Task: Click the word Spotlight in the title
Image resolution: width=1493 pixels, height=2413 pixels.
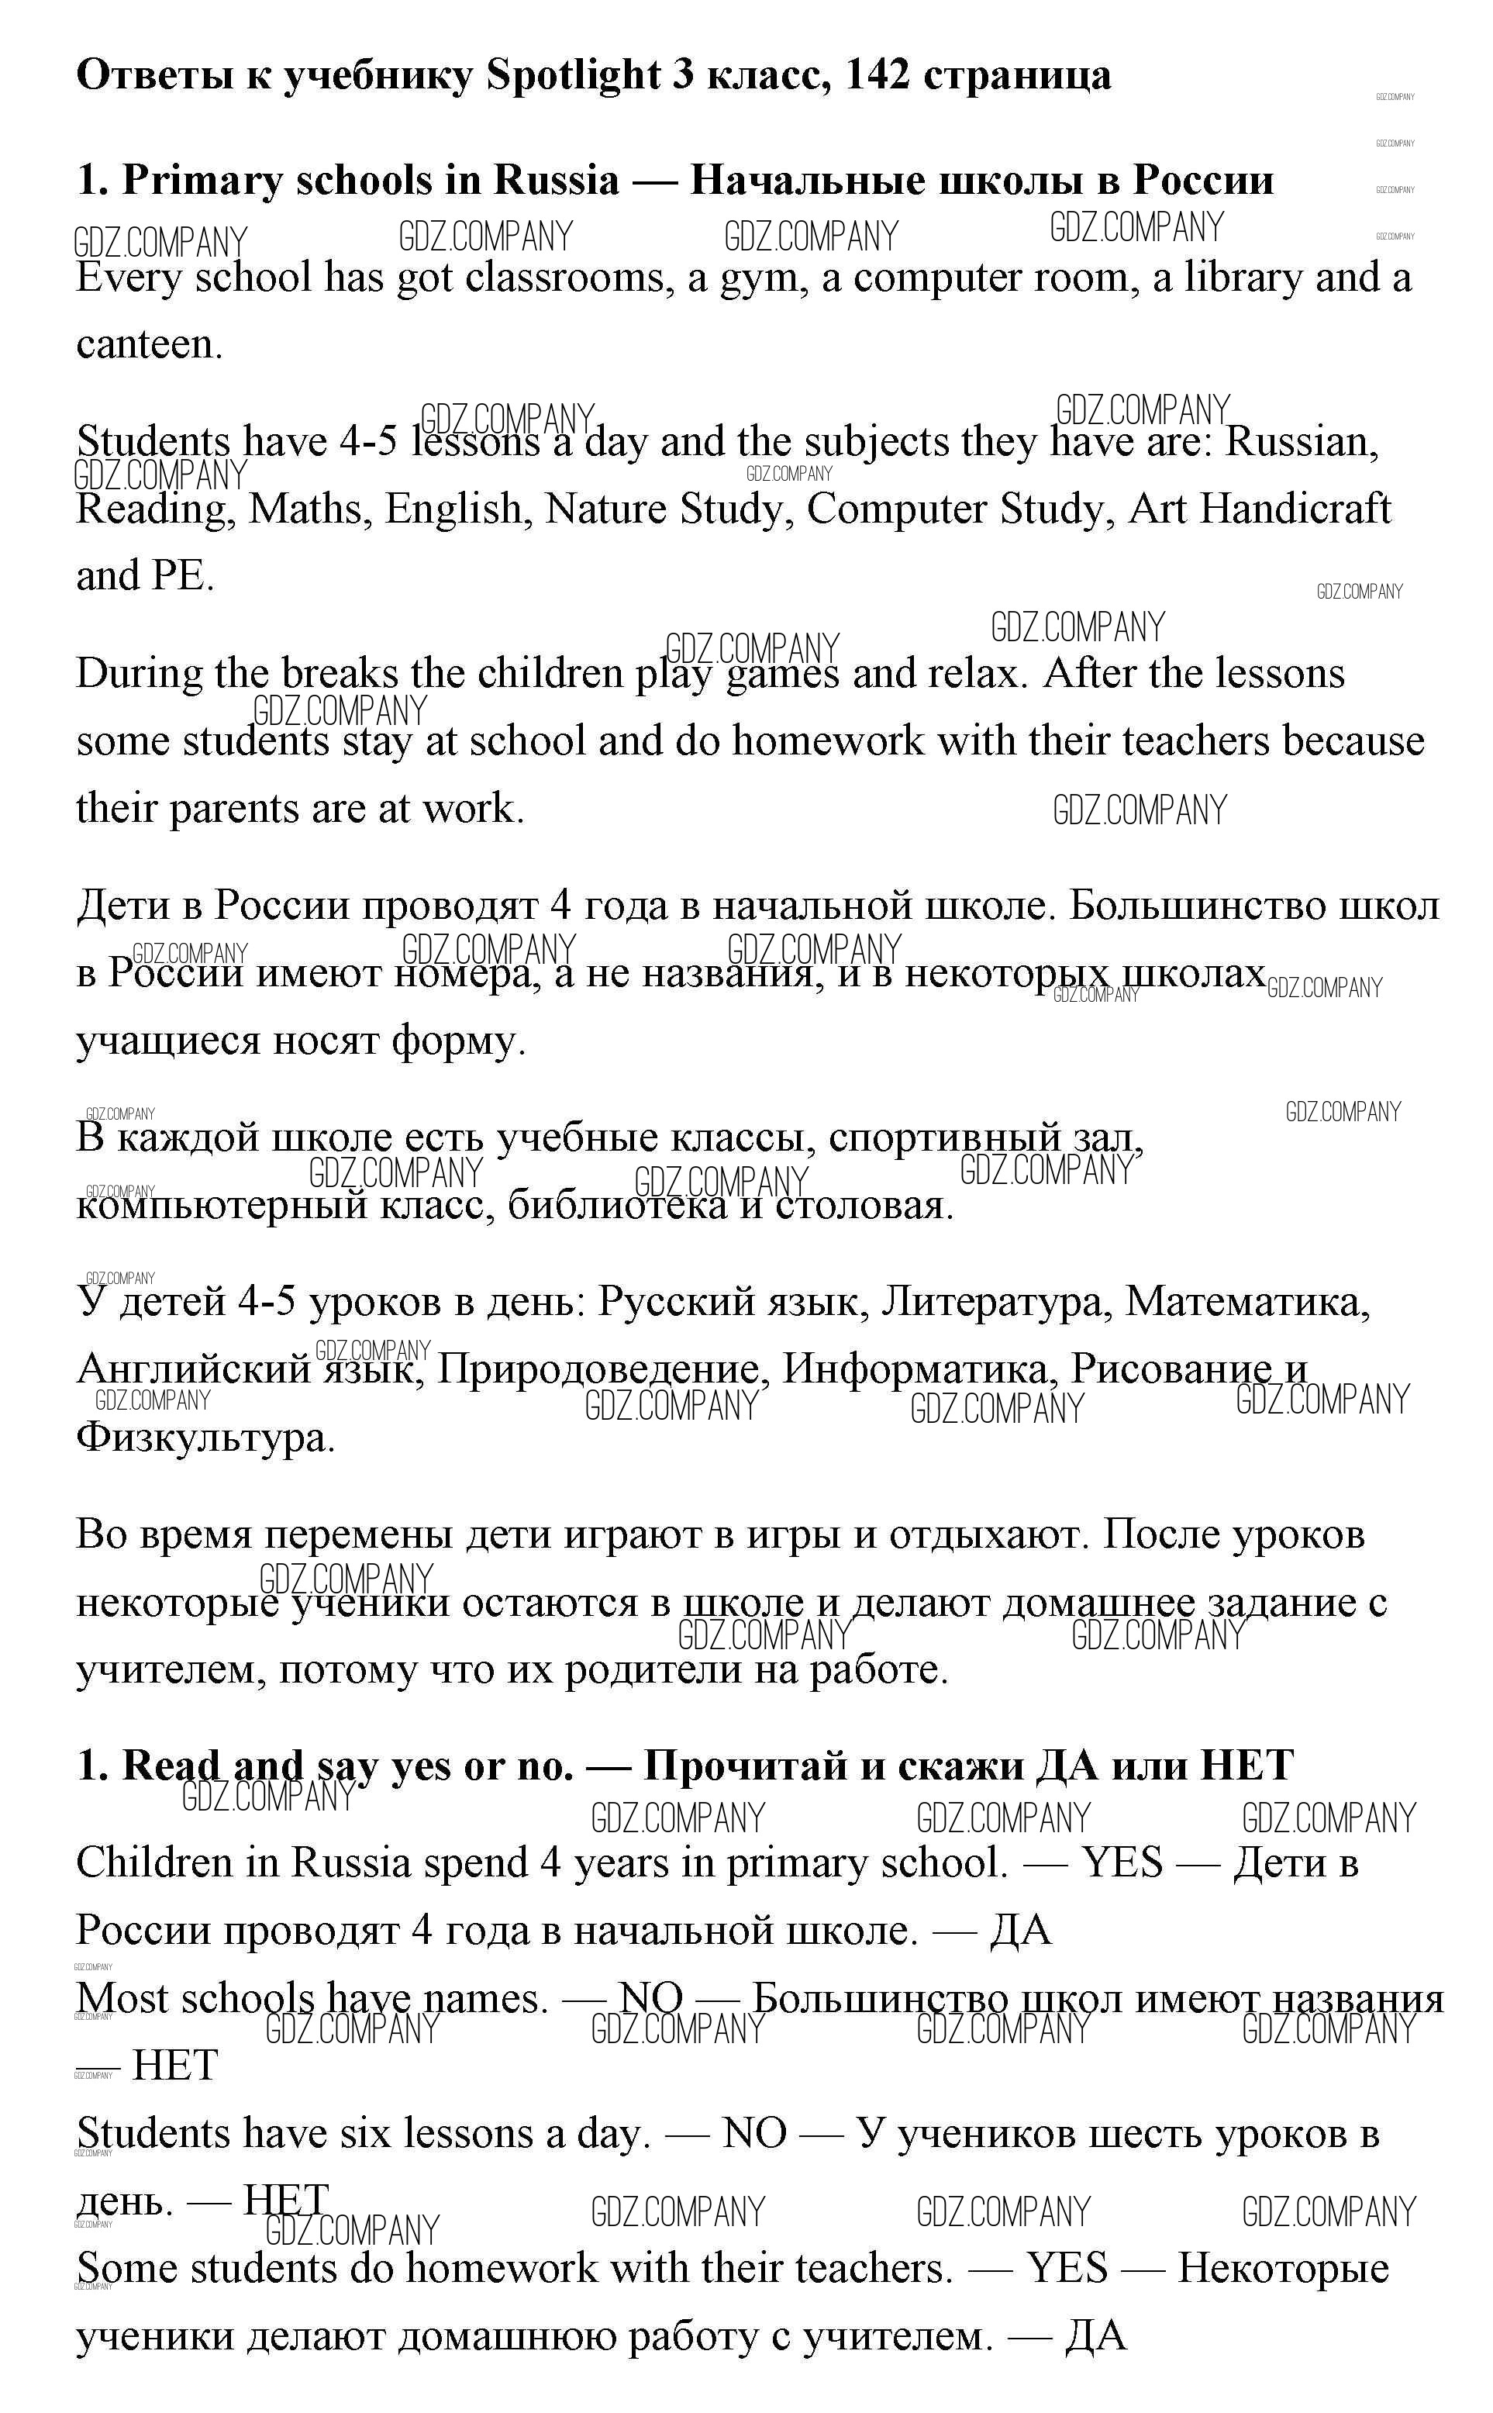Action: pyautogui.click(x=573, y=76)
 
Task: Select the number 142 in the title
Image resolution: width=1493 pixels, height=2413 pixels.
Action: pyautogui.click(x=877, y=76)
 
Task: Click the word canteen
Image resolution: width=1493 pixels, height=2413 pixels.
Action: pyautogui.click(x=148, y=345)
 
